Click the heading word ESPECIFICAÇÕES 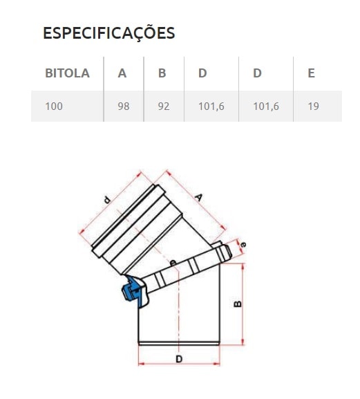[x=108, y=33]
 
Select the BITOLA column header [x=67, y=73]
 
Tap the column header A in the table [x=122, y=73]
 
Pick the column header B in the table [x=162, y=73]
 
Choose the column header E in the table [x=312, y=73]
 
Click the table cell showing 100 [x=54, y=107]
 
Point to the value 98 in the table [x=123, y=107]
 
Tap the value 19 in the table [x=313, y=107]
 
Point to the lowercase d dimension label [x=107, y=201]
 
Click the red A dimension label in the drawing [x=198, y=198]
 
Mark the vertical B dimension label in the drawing [x=238, y=303]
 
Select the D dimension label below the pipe [x=178, y=359]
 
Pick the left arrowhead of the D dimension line [x=141, y=364]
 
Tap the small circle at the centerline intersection [x=173, y=261]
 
